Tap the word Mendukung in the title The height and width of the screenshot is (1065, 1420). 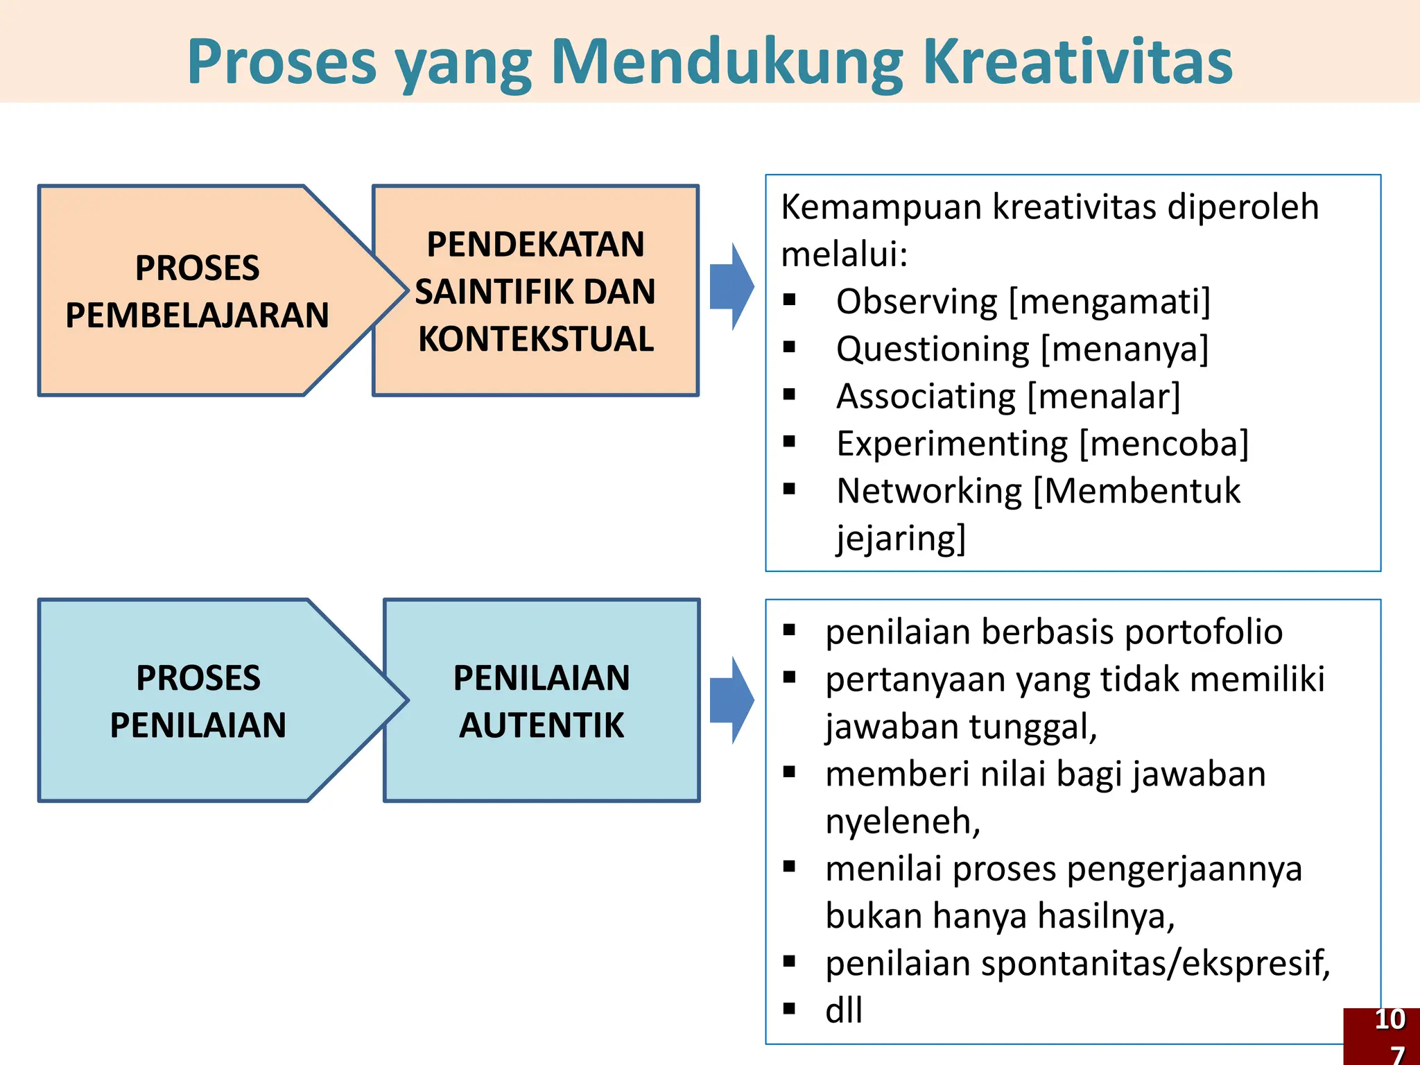tap(727, 62)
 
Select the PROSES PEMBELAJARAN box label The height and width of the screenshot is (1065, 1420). tap(198, 291)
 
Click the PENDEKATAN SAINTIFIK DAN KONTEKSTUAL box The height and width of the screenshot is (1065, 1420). tap(535, 291)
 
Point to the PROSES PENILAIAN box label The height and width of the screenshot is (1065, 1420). tap(198, 701)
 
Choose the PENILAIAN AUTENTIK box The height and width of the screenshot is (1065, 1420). tap(542, 701)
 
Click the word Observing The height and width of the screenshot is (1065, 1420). tap(917, 302)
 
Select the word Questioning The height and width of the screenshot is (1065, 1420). tap(933, 349)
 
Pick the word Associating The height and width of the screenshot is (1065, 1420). tap(926, 397)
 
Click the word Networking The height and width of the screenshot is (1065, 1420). tap(929, 491)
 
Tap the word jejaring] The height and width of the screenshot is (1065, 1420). tap(901, 538)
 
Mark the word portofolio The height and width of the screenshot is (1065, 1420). tap(1204, 632)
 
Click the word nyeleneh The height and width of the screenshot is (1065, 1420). tap(902, 821)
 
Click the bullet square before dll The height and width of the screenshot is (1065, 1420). tap(789, 1009)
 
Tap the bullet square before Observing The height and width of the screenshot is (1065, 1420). tap(789, 300)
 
